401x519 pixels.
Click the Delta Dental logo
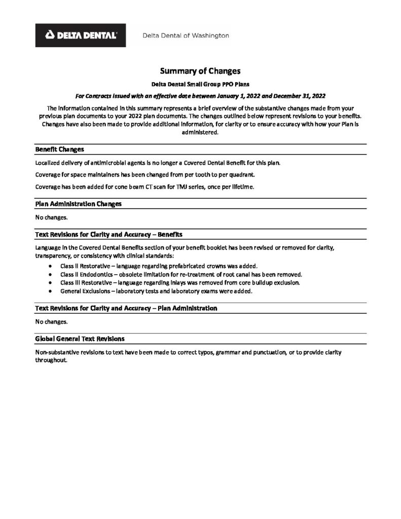pos(81,35)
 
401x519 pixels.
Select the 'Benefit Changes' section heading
pos(60,150)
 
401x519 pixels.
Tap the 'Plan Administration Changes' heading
pos(79,204)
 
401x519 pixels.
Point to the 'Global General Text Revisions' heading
pos(80,338)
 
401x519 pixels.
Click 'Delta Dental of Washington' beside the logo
pos(185,35)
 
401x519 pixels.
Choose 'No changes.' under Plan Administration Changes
pos(51,217)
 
